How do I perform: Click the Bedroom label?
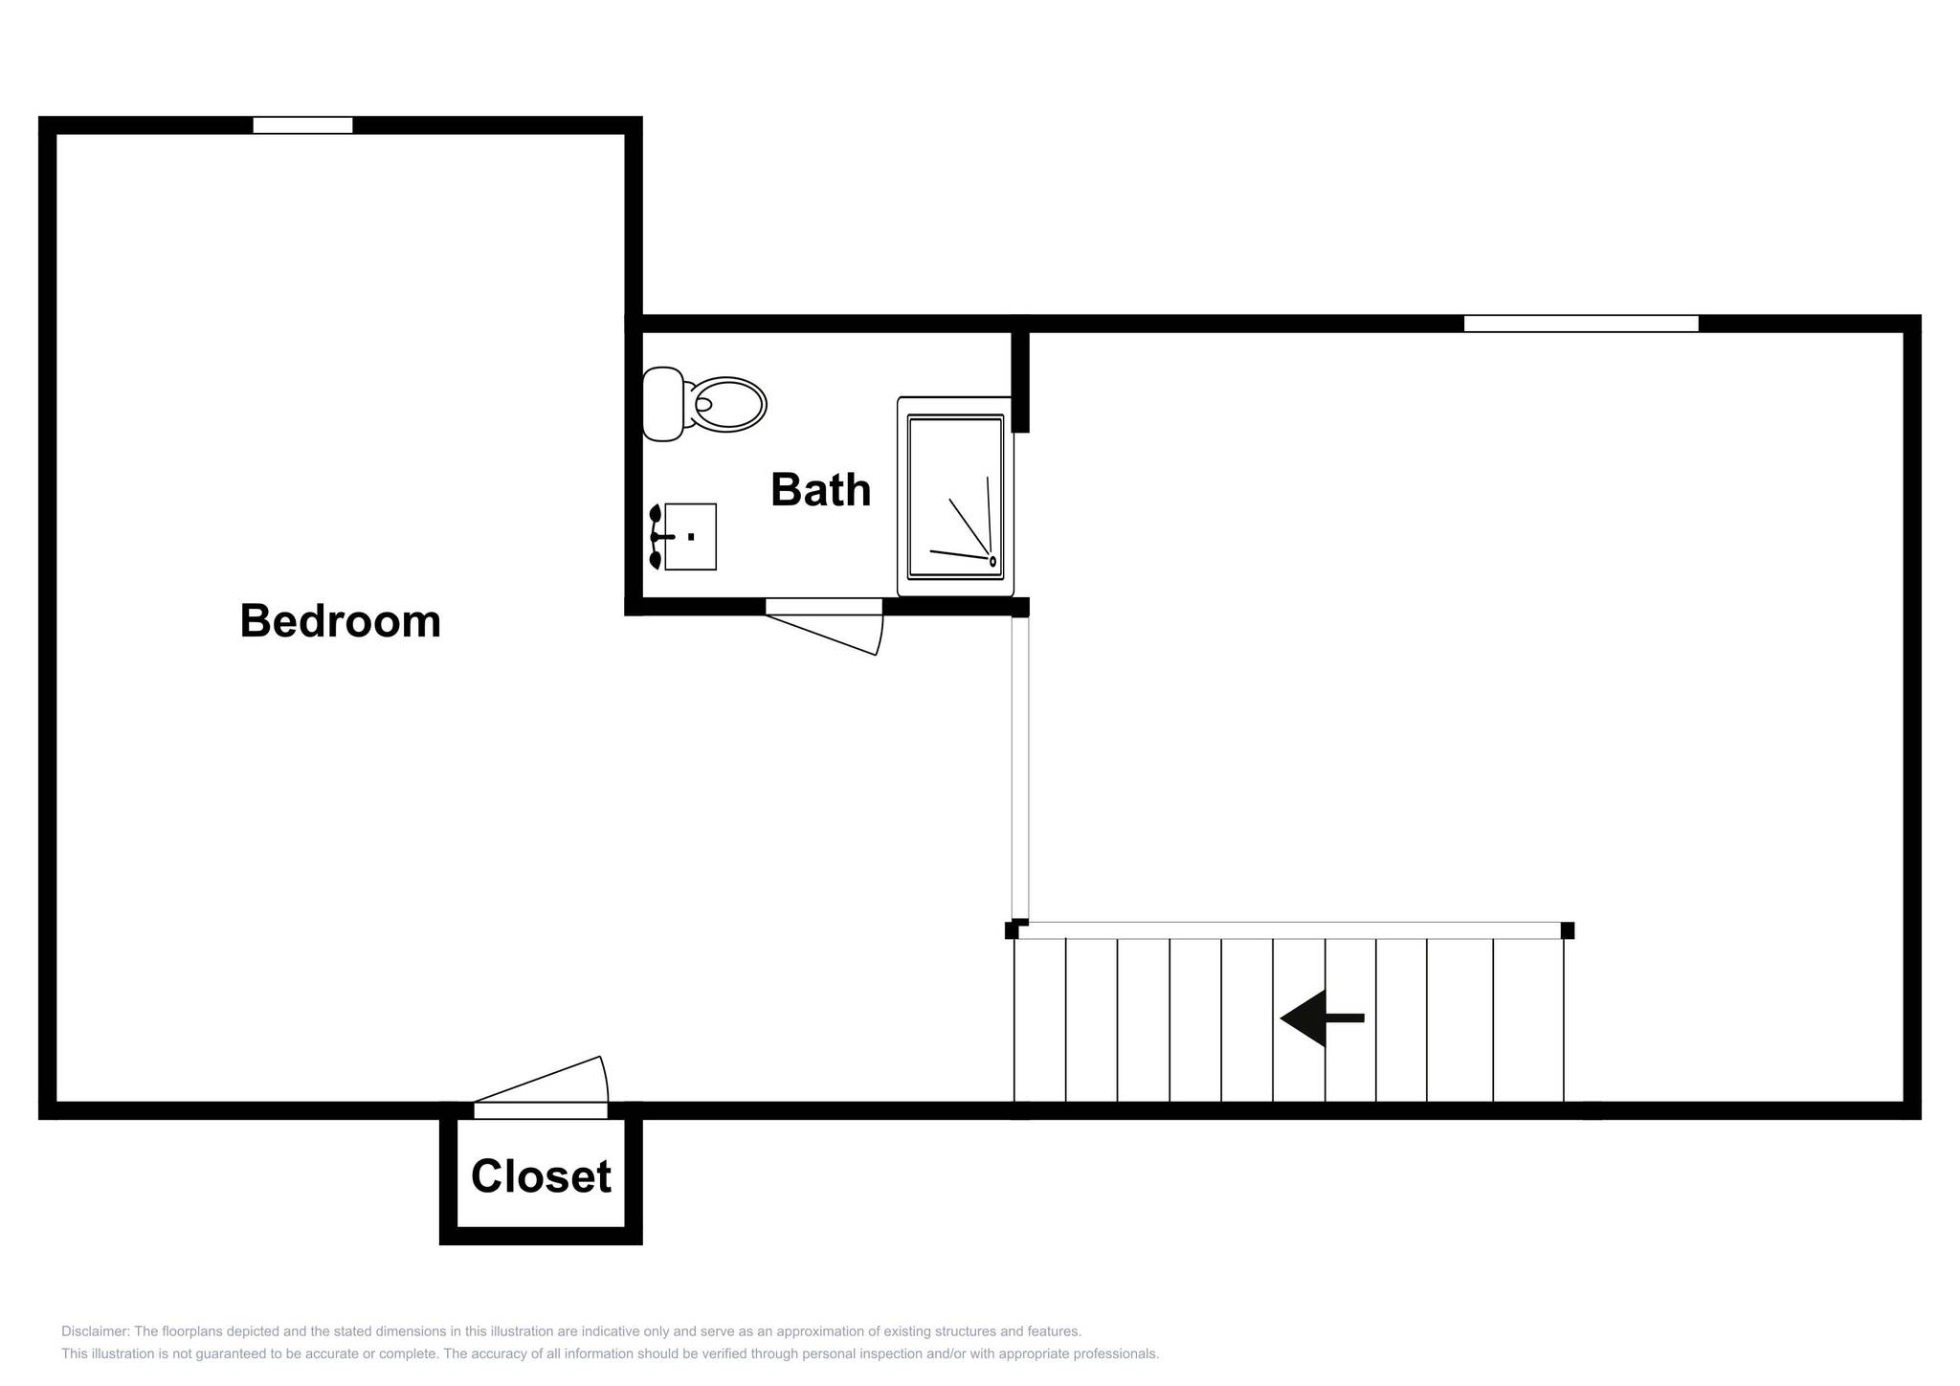pyautogui.click(x=340, y=621)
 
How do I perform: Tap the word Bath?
pyautogui.click(x=820, y=490)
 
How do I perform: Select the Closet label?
pyautogui.click(x=541, y=1176)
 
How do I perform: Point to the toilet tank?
pyautogui.click(x=662, y=405)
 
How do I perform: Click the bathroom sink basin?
pyautogui.click(x=690, y=537)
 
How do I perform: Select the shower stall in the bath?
pyautogui.click(x=955, y=497)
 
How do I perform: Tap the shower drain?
pyautogui.click(x=992, y=562)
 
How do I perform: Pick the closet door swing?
pyautogui.click(x=541, y=1082)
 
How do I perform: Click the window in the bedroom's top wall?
pyautogui.click(x=302, y=125)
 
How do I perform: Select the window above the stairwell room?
pyautogui.click(x=1581, y=324)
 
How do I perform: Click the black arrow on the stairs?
pyautogui.click(x=1322, y=1017)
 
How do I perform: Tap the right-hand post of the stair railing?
pyautogui.click(x=1568, y=930)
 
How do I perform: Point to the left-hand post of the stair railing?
pyautogui.click(x=1012, y=930)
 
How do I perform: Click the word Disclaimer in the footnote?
pyautogui.click(x=94, y=1331)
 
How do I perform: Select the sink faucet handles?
pyautogui.click(x=657, y=537)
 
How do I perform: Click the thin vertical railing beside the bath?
pyautogui.click(x=1020, y=769)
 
